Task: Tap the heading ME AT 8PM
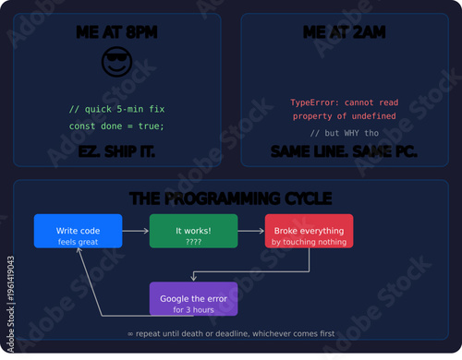click(x=116, y=33)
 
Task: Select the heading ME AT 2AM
click(x=344, y=33)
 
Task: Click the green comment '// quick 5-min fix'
click(x=116, y=109)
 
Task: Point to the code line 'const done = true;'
click(x=116, y=126)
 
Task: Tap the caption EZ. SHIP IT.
click(x=116, y=150)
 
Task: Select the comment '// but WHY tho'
click(x=344, y=134)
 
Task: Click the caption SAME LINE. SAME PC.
click(x=344, y=150)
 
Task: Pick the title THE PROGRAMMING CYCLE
click(x=231, y=198)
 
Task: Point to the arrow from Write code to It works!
click(x=136, y=231)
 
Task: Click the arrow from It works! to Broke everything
click(x=251, y=231)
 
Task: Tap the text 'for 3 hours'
click(x=193, y=309)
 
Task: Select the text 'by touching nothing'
click(x=309, y=242)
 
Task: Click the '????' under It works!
click(x=193, y=242)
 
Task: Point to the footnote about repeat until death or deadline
click(x=231, y=333)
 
